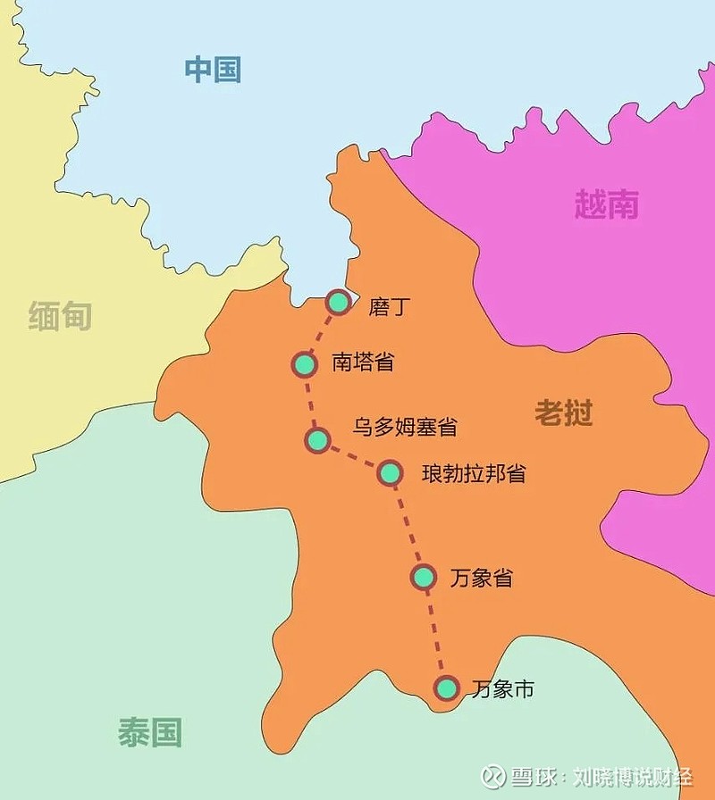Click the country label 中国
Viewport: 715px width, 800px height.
(x=213, y=69)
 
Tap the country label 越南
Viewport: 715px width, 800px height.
(x=606, y=205)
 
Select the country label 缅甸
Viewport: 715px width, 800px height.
(x=60, y=315)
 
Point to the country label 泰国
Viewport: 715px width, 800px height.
(x=149, y=732)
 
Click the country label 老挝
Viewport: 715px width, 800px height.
(x=564, y=412)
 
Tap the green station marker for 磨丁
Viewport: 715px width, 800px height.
(x=338, y=303)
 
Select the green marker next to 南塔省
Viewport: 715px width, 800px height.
(x=305, y=364)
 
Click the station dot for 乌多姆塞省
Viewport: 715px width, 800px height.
(x=317, y=439)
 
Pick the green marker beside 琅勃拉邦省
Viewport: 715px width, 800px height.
(x=390, y=472)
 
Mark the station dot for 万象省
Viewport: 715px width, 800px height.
(x=424, y=577)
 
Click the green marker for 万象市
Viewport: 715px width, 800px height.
(x=446, y=687)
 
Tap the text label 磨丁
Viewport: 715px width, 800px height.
(x=388, y=307)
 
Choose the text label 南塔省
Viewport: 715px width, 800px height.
(x=362, y=362)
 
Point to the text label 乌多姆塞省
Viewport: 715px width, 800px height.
(x=404, y=427)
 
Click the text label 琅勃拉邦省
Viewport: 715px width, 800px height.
(x=473, y=472)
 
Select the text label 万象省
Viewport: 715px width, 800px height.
(x=481, y=578)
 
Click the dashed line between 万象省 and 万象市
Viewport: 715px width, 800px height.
(x=435, y=632)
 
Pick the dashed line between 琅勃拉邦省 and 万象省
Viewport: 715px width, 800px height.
(x=407, y=525)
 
